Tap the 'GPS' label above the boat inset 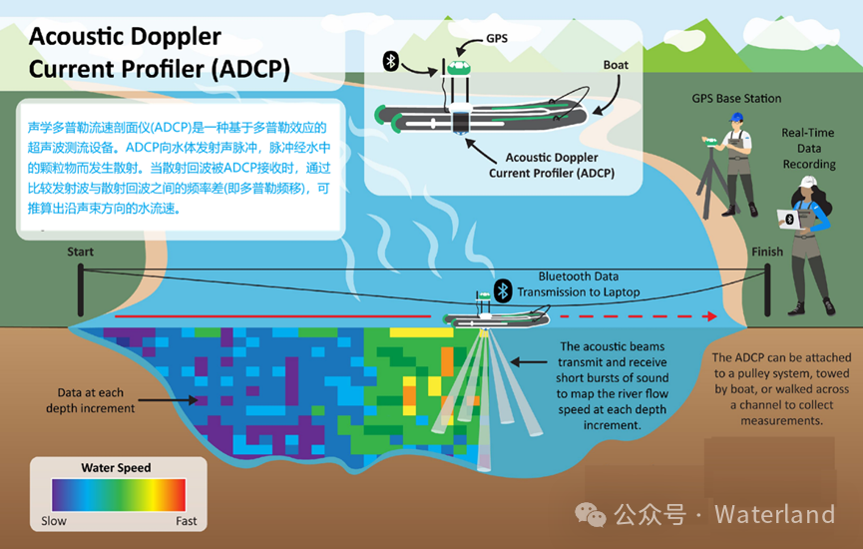coord(497,38)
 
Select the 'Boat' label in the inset coord(616,66)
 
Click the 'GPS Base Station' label coord(736,99)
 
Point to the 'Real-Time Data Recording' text coord(808,148)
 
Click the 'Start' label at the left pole coord(81,253)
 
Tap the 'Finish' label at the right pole coord(767,253)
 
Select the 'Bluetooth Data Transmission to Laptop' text coord(578,284)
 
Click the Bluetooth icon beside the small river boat coord(504,289)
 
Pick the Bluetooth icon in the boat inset coord(392,61)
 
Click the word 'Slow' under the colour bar coord(54,521)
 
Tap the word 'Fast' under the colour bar coord(186,521)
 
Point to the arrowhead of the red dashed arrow coord(710,316)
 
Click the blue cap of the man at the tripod coord(735,117)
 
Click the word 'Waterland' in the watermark coord(774,515)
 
